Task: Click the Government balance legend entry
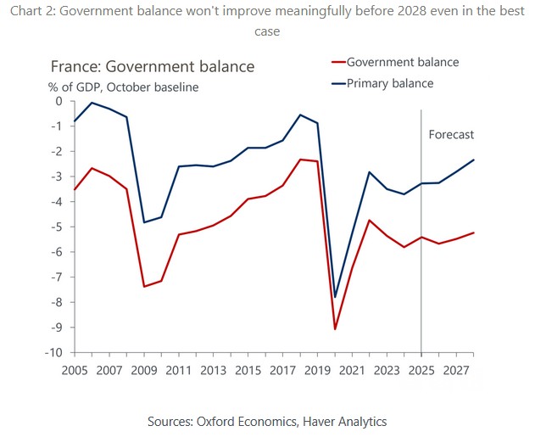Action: [x=402, y=62]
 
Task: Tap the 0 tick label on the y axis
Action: [x=59, y=102]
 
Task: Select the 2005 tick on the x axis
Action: [x=75, y=370]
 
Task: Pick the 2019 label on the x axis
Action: [x=317, y=370]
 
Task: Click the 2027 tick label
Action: [x=456, y=370]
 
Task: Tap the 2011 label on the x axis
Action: [x=178, y=370]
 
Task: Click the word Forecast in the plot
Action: [x=451, y=135]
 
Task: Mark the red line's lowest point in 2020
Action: [x=336, y=329]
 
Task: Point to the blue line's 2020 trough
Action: [x=336, y=297]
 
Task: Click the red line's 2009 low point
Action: [x=144, y=286]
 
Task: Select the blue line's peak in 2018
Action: [x=300, y=115]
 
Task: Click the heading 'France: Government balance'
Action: [x=153, y=66]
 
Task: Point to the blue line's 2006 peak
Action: [x=92, y=103]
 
